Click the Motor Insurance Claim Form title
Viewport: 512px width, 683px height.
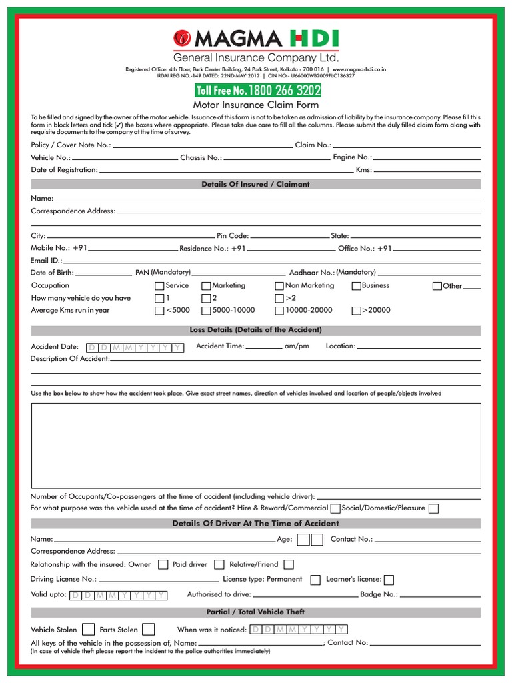point(256,105)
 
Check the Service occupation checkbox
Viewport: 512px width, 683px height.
point(159,286)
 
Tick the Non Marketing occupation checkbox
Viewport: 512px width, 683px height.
point(279,286)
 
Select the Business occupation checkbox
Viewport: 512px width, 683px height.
point(356,286)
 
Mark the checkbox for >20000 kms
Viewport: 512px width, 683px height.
point(356,311)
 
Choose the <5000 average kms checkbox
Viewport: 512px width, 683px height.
point(159,311)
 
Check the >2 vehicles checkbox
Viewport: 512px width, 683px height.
point(279,298)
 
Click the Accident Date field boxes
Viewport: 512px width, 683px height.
point(135,348)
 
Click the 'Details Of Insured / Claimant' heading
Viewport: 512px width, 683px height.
point(256,184)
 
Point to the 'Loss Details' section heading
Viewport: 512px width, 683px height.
point(256,330)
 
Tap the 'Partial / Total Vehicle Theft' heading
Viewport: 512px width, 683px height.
point(256,612)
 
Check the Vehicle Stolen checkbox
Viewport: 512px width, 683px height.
point(88,629)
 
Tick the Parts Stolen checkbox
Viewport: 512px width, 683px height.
point(148,629)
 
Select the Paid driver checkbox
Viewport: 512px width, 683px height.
point(218,564)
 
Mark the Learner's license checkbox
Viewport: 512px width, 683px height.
point(389,580)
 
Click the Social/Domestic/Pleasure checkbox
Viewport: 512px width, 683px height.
point(433,508)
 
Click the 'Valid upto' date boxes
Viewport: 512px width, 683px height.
point(118,595)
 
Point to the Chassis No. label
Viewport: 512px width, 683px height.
point(201,158)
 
